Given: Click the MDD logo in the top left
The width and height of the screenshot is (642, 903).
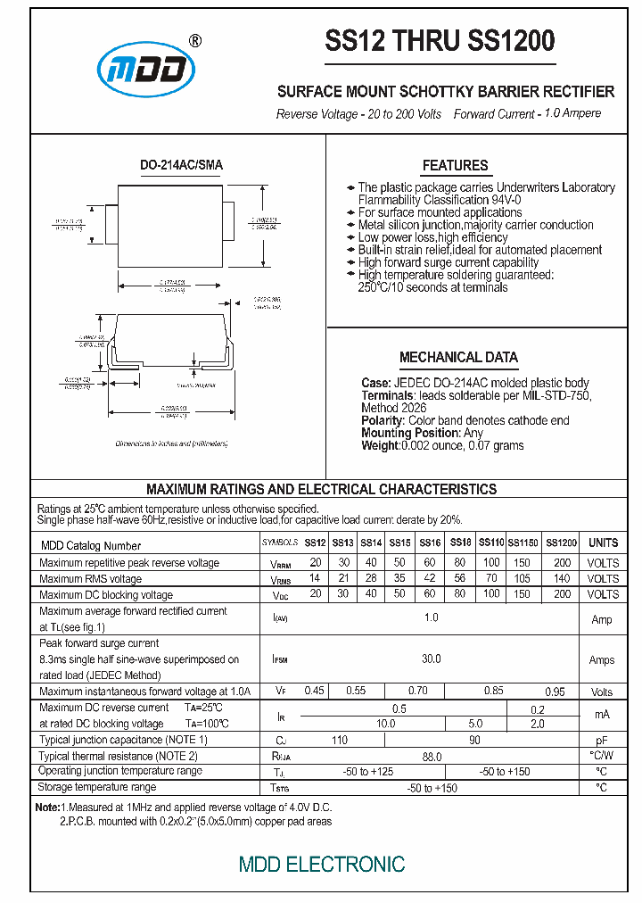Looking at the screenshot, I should pyautogui.click(x=145, y=69).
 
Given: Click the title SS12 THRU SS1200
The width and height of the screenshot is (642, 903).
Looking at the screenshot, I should pyautogui.click(x=440, y=40).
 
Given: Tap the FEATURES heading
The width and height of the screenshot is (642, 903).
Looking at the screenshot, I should pyautogui.click(x=455, y=165).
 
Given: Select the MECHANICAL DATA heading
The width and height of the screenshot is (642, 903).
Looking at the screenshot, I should pyautogui.click(x=458, y=357).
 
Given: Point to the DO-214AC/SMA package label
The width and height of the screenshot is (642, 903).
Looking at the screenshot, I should pyautogui.click(x=182, y=165).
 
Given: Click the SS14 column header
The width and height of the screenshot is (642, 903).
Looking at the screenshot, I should pyautogui.click(x=372, y=543).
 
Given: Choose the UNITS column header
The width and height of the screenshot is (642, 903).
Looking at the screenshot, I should pyautogui.click(x=603, y=543).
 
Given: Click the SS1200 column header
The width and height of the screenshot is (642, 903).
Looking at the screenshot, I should pyautogui.click(x=561, y=543).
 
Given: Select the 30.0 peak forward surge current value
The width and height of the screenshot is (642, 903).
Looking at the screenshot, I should pyautogui.click(x=431, y=659).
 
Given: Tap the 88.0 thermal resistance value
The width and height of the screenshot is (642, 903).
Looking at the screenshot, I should pyautogui.click(x=431, y=756).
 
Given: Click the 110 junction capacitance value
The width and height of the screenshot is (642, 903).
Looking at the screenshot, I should pyautogui.click(x=340, y=740).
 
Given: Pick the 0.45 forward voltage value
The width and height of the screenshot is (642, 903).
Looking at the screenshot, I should pyautogui.click(x=315, y=691).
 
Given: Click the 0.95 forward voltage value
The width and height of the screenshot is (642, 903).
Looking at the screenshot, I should pyautogui.click(x=555, y=692).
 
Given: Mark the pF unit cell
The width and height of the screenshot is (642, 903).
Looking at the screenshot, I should pyautogui.click(x=602, y=741).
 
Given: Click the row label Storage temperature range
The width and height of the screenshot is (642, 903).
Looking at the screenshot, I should pyautogui.click(x=97, y=787).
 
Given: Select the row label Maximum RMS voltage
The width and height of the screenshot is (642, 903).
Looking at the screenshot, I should pyautogui.click(x=90, y=578).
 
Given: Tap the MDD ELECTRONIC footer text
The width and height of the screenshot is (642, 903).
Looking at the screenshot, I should pyautogui.click(x=322, y=864).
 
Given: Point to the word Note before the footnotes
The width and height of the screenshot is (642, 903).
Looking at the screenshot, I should pyautogui.click(x=46, y=807).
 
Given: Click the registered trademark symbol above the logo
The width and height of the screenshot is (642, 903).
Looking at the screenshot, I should pyautogui.click(x=196, y=40).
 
